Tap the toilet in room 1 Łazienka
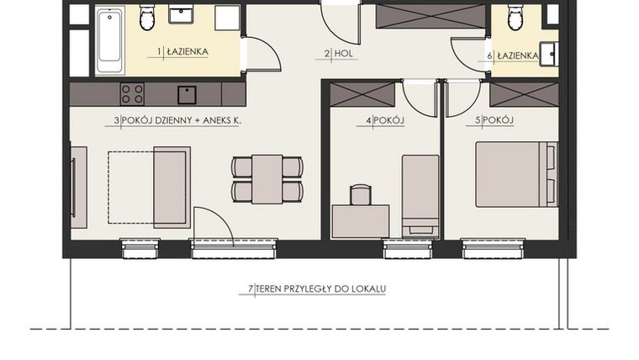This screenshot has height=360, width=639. (x=147, y=17)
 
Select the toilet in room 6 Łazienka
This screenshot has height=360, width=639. (x=515, y=17)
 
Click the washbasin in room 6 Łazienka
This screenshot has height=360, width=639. (x=547, y=54)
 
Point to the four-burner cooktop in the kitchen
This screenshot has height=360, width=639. (x=132, y=93)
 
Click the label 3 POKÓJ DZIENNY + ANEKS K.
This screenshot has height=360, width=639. (x=178, y=121)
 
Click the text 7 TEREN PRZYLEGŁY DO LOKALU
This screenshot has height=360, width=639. (x=317, y=289)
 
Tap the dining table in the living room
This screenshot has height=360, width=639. (x=267, y=179)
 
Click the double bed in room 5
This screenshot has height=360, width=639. (x=515, y=174)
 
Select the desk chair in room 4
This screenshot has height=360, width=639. (x=361, y=195)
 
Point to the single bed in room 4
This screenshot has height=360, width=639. (x=420, y=195)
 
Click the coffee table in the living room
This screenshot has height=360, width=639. (x=172, y=187)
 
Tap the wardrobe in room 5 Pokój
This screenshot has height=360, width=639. (x=524, y=94)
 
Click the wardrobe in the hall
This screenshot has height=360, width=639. (x=430, y=16)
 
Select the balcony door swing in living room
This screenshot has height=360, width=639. (x=213, y=225)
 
